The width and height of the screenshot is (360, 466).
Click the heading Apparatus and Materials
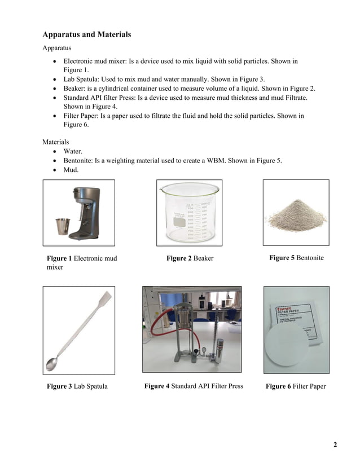(x=86, y=34)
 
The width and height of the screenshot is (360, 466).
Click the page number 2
(x=335, y=445)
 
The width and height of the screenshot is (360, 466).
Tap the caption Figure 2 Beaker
(x=190, y=258)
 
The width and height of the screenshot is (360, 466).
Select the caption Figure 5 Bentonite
(x=296, y=258)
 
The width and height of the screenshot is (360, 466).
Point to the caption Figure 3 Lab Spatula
(x=77, y=386)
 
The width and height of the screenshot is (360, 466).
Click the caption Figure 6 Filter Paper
(x=296, y=386)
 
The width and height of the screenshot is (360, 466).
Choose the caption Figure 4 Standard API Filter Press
(x=194, y=386)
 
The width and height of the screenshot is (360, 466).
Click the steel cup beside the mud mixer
(x=62, y=228)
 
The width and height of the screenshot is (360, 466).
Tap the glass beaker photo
(x=189, y=213)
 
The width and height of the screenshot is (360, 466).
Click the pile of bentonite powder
(x=296, y=217)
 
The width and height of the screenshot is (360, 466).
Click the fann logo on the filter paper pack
(x=283, y=309)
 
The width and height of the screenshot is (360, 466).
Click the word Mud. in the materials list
(x=72, y=169)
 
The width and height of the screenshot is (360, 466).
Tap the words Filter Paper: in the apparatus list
(x=85, y=116)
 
